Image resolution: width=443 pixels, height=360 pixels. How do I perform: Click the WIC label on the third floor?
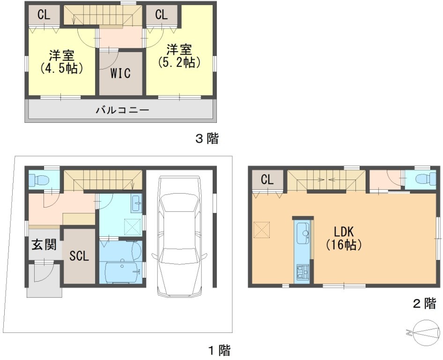[120, 73]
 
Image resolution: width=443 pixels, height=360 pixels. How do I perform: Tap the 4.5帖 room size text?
[62, 68]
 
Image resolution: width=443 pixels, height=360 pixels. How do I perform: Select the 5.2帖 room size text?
[179, 62]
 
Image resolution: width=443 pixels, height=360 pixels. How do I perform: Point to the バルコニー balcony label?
[122, 110]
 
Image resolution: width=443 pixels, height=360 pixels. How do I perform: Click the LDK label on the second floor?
[344, 232]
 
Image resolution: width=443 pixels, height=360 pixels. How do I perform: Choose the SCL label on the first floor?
[79, 256]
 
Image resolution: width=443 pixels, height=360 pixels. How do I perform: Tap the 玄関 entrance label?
[44, 245]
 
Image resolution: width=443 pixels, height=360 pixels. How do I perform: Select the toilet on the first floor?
[39, 179]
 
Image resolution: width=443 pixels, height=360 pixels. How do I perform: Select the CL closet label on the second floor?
[267, 180]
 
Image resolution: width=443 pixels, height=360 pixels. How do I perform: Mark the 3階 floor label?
[207, 139]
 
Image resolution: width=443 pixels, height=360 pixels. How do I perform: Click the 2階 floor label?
[425, 304]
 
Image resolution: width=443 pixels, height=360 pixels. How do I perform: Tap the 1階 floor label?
[220, 351]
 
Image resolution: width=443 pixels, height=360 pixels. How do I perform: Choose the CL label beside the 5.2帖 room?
[161, 15]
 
